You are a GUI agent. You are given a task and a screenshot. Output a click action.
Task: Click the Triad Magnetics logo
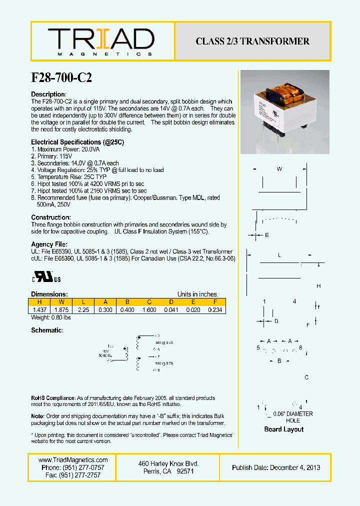pos(100,41)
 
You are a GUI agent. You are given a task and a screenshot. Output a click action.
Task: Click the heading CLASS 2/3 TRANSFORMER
pos(252,41)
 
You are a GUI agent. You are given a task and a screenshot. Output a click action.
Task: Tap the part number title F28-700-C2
pos(61,77)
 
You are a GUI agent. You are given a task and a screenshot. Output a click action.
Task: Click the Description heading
pos(48,94)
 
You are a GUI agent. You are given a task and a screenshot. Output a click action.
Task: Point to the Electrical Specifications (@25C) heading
pos(77,142)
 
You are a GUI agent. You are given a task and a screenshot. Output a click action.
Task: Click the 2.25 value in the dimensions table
pos(83,310)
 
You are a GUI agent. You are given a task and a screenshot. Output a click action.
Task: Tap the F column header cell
pos(214,302)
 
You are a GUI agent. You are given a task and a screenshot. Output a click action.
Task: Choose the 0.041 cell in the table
pos(170,310)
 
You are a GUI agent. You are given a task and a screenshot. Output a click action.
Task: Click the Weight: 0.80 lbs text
pos(51,317)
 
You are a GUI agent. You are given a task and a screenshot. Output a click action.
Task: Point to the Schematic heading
pos(47,330)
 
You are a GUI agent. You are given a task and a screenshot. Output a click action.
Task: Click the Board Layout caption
pos(283,429)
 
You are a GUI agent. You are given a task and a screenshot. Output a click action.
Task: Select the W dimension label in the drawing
pos(279,169)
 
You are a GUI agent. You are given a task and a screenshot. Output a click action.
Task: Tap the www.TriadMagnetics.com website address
pos(73,460)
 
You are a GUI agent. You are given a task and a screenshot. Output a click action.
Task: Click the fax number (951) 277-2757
pos(73,475)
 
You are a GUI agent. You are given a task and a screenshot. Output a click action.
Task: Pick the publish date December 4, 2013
pos(276,467)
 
